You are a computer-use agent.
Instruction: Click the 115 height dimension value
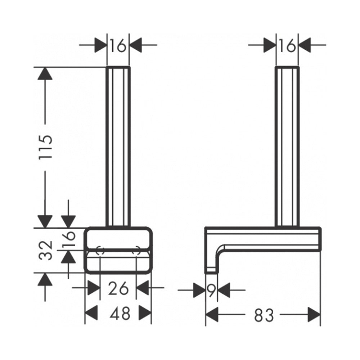[x=45, y=147]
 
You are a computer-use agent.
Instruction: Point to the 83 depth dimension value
[x=264, y=315]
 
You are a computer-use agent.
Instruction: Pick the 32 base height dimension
[x=45, y=250]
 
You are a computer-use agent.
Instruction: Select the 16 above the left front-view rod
[x=118, y=45]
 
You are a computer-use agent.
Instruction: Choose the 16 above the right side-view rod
[x=287, y=45]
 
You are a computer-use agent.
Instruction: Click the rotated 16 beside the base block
[x=69, y=239]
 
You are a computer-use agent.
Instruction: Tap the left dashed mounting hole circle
[x=100, y=250]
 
